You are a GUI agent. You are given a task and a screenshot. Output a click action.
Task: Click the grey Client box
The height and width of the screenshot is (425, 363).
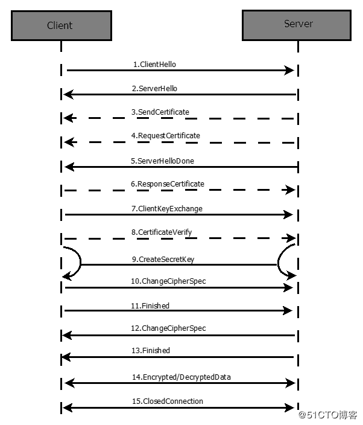(x=60, y=25)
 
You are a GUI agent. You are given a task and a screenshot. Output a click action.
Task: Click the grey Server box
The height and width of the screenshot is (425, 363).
(x=298, y=25)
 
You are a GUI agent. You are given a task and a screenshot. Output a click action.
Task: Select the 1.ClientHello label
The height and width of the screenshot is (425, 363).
(x=154, y=64)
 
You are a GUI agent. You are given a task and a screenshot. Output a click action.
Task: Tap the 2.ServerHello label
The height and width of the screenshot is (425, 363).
(x=155, y=88)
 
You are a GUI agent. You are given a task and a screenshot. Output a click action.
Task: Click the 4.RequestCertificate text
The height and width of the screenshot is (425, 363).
(x=165, y=136)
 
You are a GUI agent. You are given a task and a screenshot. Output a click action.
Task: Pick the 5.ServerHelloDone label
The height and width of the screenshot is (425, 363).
(x=162, y=161)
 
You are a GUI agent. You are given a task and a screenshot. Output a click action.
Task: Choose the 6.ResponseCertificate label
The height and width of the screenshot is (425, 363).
(x=168, y=184)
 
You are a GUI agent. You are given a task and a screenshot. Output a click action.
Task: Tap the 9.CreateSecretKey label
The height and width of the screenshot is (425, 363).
(x=163, y=260)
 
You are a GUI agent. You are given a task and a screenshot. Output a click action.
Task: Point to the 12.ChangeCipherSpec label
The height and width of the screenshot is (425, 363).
(x=168, y=328)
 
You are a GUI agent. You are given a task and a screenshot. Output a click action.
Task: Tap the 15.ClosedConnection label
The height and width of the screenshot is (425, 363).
(x=167, y=401)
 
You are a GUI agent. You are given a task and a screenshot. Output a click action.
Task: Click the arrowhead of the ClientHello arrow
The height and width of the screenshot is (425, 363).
(x=289, y=71)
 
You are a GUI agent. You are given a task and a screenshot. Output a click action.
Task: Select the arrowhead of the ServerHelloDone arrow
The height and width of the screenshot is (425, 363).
(x=69, y=167)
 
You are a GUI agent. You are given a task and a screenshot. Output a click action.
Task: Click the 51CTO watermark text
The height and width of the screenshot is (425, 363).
(x=329, y=415)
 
